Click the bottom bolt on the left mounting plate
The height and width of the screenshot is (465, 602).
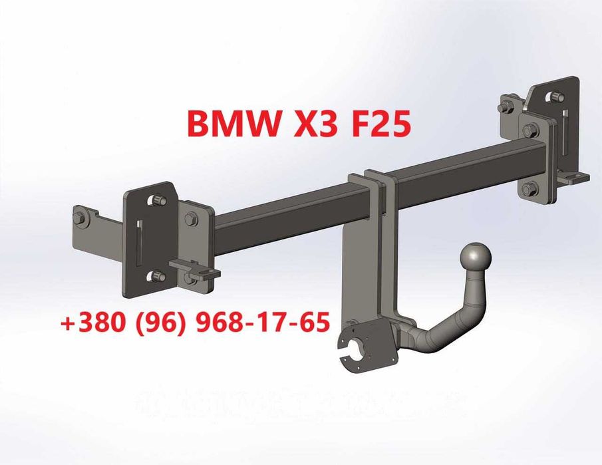pyautogui.click(x=158, y=275)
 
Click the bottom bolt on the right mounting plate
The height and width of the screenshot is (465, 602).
pyautogui.click(x=529, y=189)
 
